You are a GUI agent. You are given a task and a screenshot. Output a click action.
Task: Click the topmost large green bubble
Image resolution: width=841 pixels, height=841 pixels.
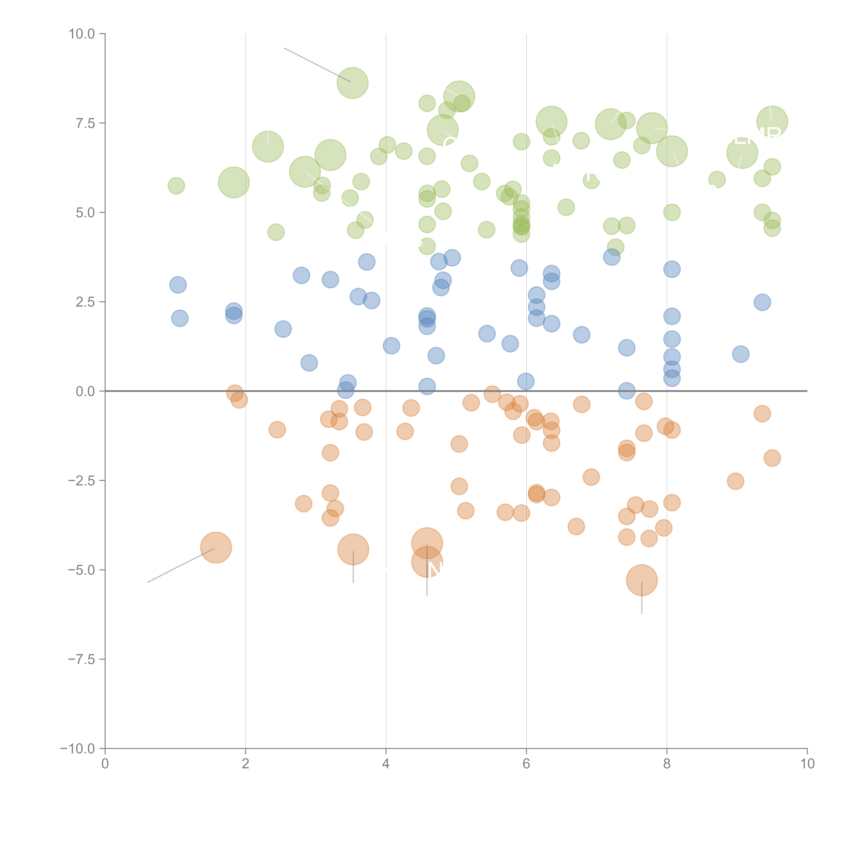[x=353, y=83]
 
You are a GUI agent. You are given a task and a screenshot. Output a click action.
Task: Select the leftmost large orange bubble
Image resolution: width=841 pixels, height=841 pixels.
[x=216, y=548]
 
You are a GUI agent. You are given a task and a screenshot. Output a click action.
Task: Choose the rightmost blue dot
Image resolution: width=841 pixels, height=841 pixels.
[x=762, y=302]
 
